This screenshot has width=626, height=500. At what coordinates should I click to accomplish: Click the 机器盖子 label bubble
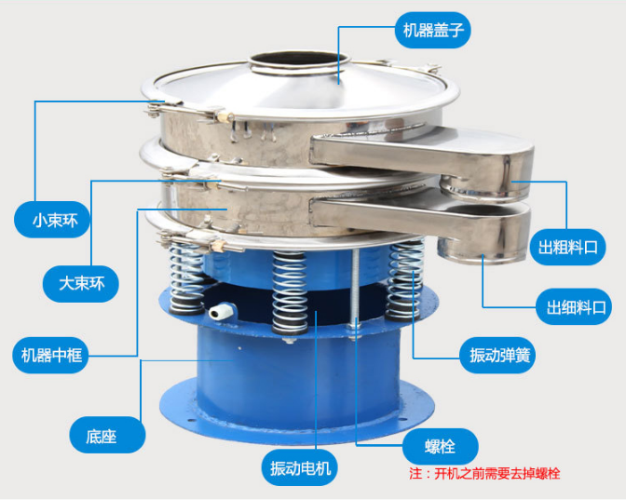(x=433, y=31)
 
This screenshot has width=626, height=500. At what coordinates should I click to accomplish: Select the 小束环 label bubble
(x=52, y=220)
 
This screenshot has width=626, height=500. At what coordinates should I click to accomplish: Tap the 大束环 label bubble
(x=81, y=284)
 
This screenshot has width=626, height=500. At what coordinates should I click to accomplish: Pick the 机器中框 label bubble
(x=51, y=355)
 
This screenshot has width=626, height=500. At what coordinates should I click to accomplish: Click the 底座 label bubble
(x=107, y=435)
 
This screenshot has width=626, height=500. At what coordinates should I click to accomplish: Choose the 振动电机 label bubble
(x=300, y=467)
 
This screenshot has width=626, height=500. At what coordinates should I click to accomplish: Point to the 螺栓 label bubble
(x=441, y=447)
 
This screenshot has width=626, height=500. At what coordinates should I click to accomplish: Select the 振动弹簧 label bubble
(x=497, y=355)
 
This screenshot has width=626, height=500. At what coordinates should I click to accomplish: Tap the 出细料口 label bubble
(x=574, y=306)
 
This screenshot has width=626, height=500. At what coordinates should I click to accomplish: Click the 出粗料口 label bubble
(x=568, y=248)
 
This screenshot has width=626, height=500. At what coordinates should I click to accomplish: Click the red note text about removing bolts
(x=484, y=474)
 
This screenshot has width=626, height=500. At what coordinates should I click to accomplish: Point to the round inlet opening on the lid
(x=299, y=61)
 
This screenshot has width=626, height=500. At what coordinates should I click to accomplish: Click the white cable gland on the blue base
(x=222, y=310)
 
